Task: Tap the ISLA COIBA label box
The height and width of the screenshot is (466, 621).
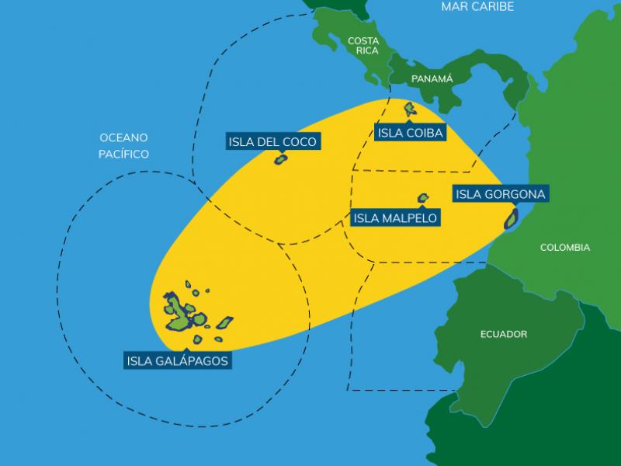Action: click(411, 133)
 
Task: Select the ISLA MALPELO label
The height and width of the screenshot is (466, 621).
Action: click(396, 217)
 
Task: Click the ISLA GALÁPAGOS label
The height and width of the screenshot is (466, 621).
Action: click(178, 360)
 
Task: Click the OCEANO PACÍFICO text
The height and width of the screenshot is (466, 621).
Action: click(123, 145)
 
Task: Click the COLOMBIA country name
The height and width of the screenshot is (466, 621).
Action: click(565, 248)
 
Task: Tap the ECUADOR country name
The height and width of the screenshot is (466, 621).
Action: click(504, 334)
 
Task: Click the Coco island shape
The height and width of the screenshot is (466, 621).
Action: click(281, 159)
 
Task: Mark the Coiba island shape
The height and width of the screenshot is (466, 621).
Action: click(409, 109)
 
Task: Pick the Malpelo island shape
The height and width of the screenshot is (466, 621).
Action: click(423, 198)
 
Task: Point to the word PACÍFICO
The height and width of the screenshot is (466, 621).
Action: click(123, 154)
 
